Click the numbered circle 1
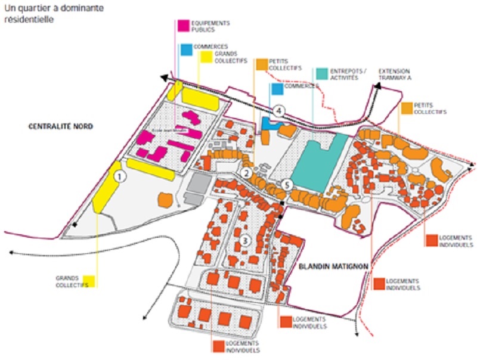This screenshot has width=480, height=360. click(x=119, y=176)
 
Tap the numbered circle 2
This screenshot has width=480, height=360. click(x=245, y=173)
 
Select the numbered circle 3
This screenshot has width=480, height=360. click(x=244, y=241)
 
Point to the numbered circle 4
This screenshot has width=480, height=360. click(x=279, y=111)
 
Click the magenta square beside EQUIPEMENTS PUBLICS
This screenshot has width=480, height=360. click(x=183, y=25)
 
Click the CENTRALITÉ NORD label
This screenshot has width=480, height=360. click(x=55, y=126)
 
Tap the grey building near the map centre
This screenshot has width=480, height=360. click(x=196, y=187)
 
